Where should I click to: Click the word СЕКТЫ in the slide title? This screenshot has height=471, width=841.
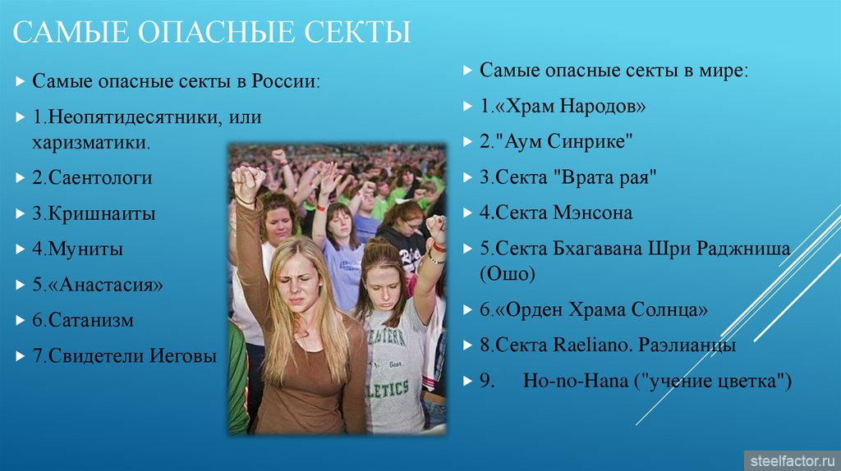coord(357,32)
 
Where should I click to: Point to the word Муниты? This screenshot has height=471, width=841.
coord(85,249)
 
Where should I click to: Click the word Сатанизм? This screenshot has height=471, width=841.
coord(90,320)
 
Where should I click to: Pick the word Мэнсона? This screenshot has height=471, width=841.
coord(593,213)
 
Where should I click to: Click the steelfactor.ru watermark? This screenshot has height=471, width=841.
coord(793,461)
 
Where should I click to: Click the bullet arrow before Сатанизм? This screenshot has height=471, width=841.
coord(21,321)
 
